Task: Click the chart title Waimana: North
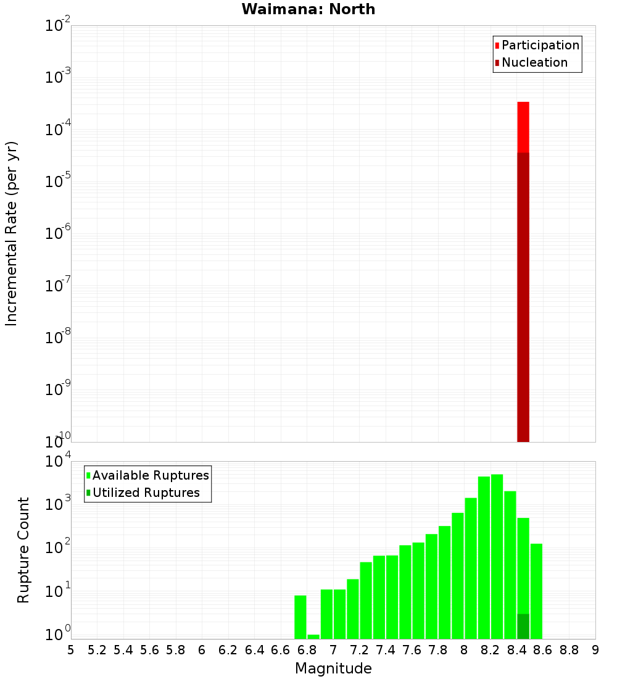point(308,9)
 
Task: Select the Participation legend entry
point(540,45)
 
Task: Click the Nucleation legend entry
point(534,62)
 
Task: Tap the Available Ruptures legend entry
point(150,475)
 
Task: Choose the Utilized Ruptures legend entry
point(146,493)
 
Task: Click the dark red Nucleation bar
point(523,296)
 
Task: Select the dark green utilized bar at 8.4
point(523,627)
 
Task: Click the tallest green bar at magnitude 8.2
point(497,556)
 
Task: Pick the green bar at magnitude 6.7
point(300,617)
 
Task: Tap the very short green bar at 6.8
point(313,636)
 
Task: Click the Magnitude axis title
point(333,669)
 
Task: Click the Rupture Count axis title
point(23,550)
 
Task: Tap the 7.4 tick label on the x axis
point(386,650)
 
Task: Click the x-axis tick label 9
point(595,650)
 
